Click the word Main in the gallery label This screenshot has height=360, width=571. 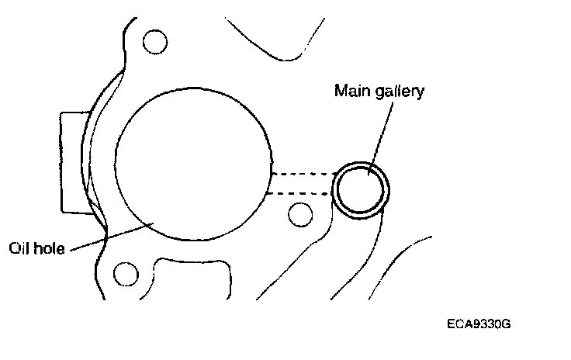350,92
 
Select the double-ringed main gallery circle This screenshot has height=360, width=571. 361,190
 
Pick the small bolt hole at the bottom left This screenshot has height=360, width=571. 124,273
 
